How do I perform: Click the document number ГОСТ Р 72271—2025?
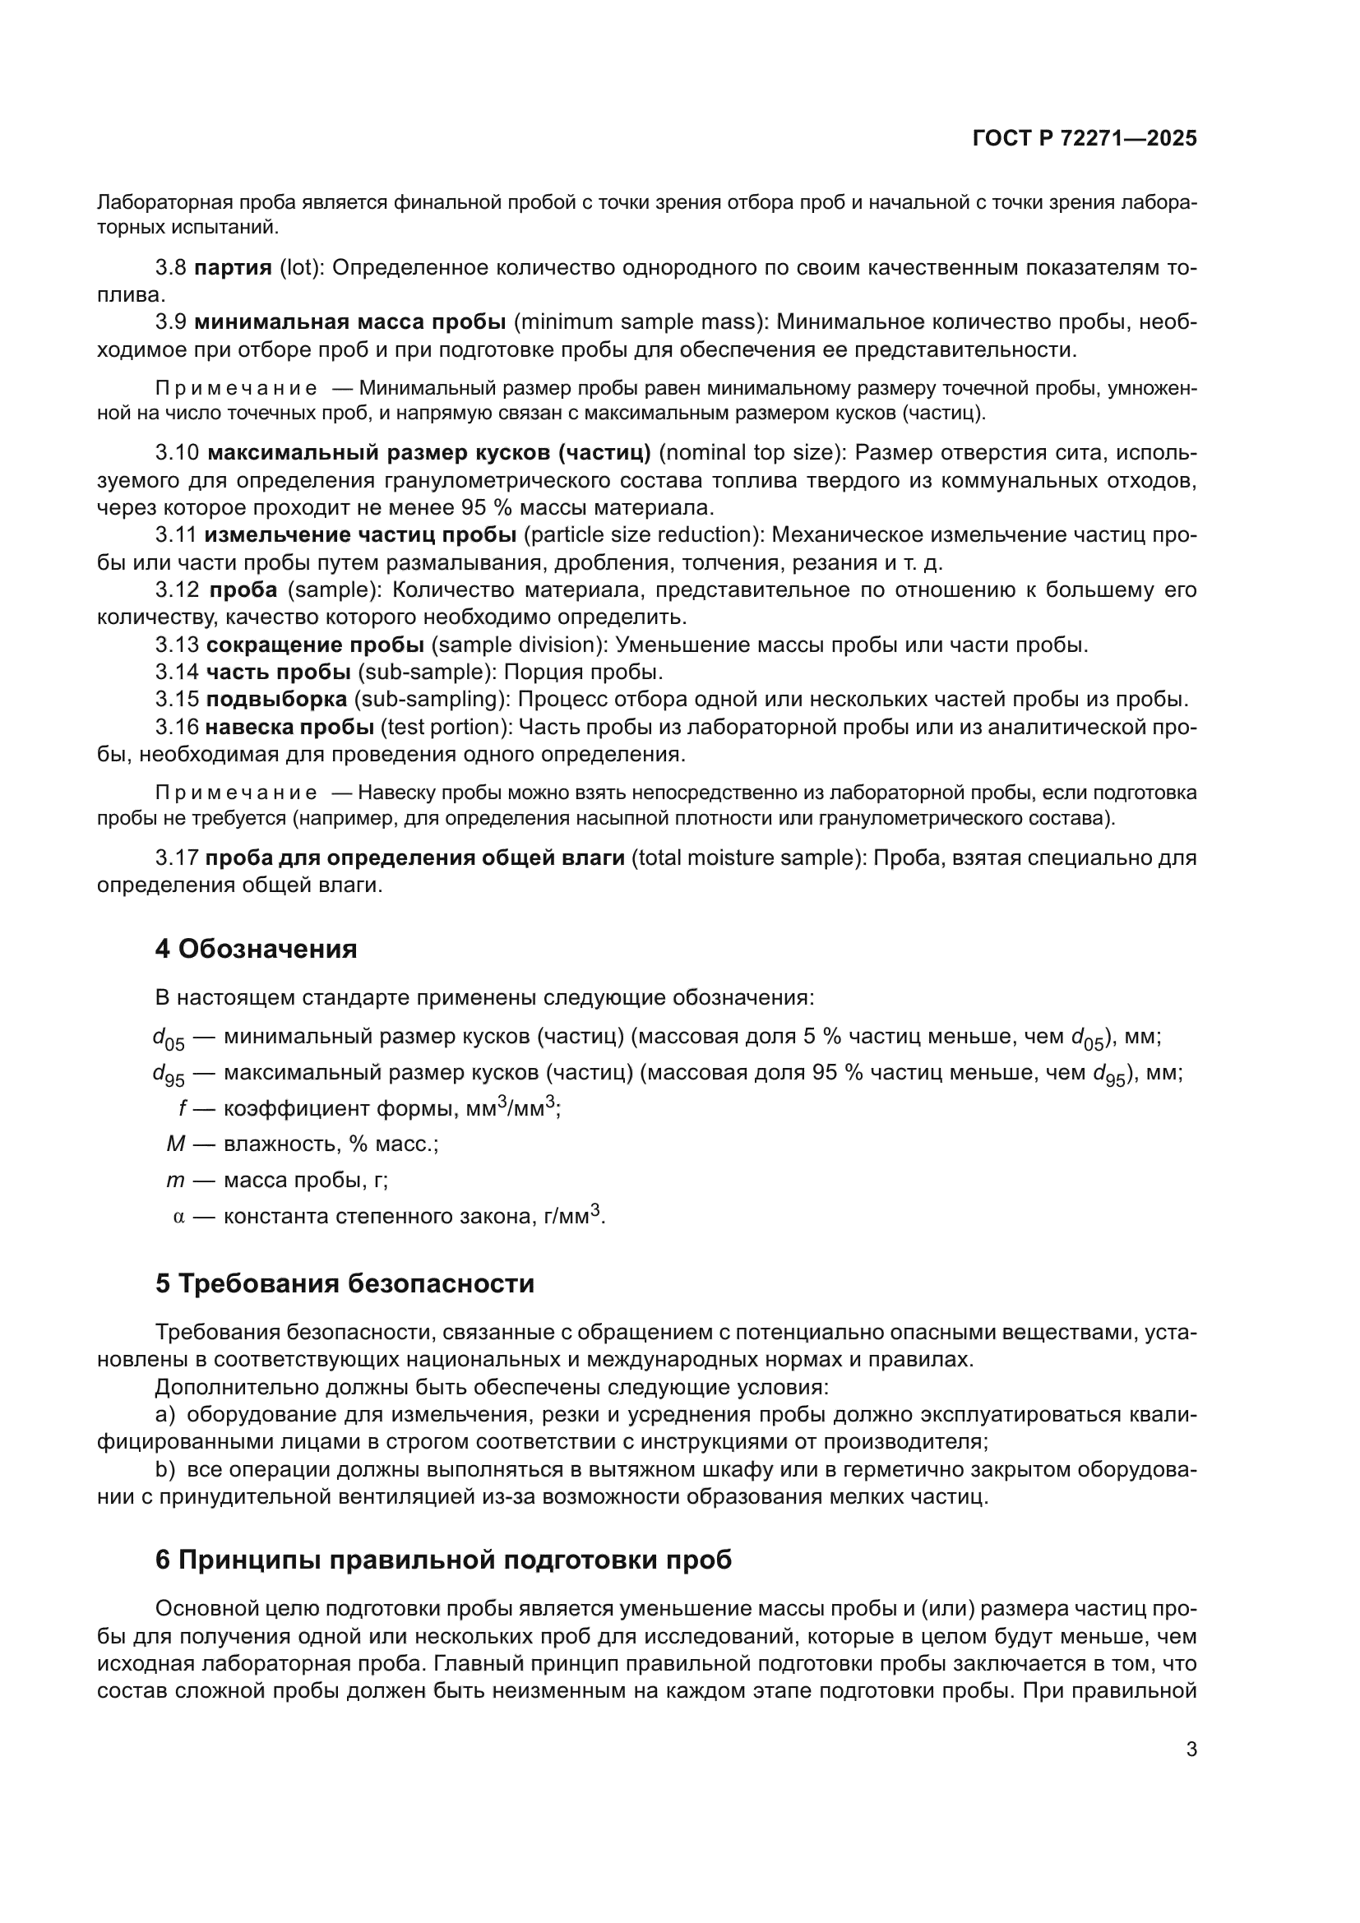tap(1085, 139)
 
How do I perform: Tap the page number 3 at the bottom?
tap(1191, 1750)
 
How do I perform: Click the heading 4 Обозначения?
tap(257, 949)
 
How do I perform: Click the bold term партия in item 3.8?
tap(233, 268)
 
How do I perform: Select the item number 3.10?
tap(177, 453)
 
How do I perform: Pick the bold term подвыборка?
tap(276, 700)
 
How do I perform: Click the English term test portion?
tap(444, 727)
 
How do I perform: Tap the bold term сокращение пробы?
tap(315, 645)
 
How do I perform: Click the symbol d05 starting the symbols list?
tap(168, 1039)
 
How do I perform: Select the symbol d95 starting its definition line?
tap(168, 1075)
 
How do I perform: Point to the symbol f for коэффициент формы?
tap(182, 1109)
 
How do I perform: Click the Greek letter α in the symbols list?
tap(178, 1217)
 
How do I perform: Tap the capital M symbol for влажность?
tap(176, 1144)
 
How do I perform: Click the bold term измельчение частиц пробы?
tap(360, 535)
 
